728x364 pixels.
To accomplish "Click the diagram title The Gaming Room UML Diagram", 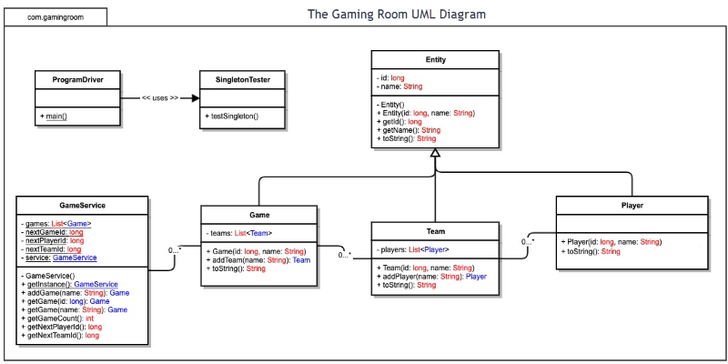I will point(396,15).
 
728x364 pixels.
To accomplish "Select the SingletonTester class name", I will point(242,79).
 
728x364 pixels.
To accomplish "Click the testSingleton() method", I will point(233,116).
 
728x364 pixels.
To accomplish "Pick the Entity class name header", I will point(435,60).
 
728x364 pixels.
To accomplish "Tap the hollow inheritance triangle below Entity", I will point(435,154).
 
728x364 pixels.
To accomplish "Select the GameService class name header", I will point(82,206).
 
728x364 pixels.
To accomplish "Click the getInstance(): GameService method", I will point(69,284).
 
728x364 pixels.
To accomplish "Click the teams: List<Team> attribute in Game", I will point(240,233).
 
